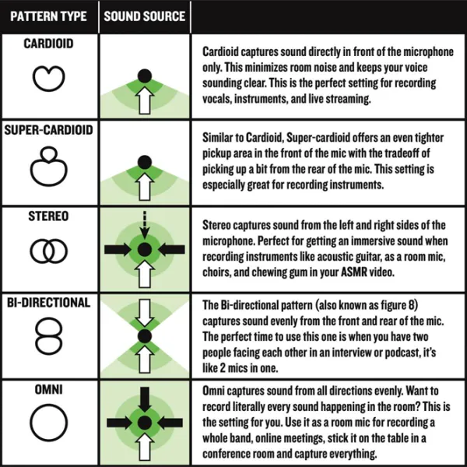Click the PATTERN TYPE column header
click(48, 16)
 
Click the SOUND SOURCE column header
click(145, 16)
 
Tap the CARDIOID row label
click(48, 44)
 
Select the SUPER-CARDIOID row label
click(48, 130)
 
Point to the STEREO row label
click(48, 216)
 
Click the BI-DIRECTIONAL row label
click(48, 303)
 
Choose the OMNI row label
click(48, 389)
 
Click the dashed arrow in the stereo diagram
click(145, 225)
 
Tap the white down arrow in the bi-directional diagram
click(145, 313)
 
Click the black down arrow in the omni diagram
click(145, 400)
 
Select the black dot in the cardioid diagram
click(145, 75)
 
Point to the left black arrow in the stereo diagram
click(118, 250)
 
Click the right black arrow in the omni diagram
click(170, 423)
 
